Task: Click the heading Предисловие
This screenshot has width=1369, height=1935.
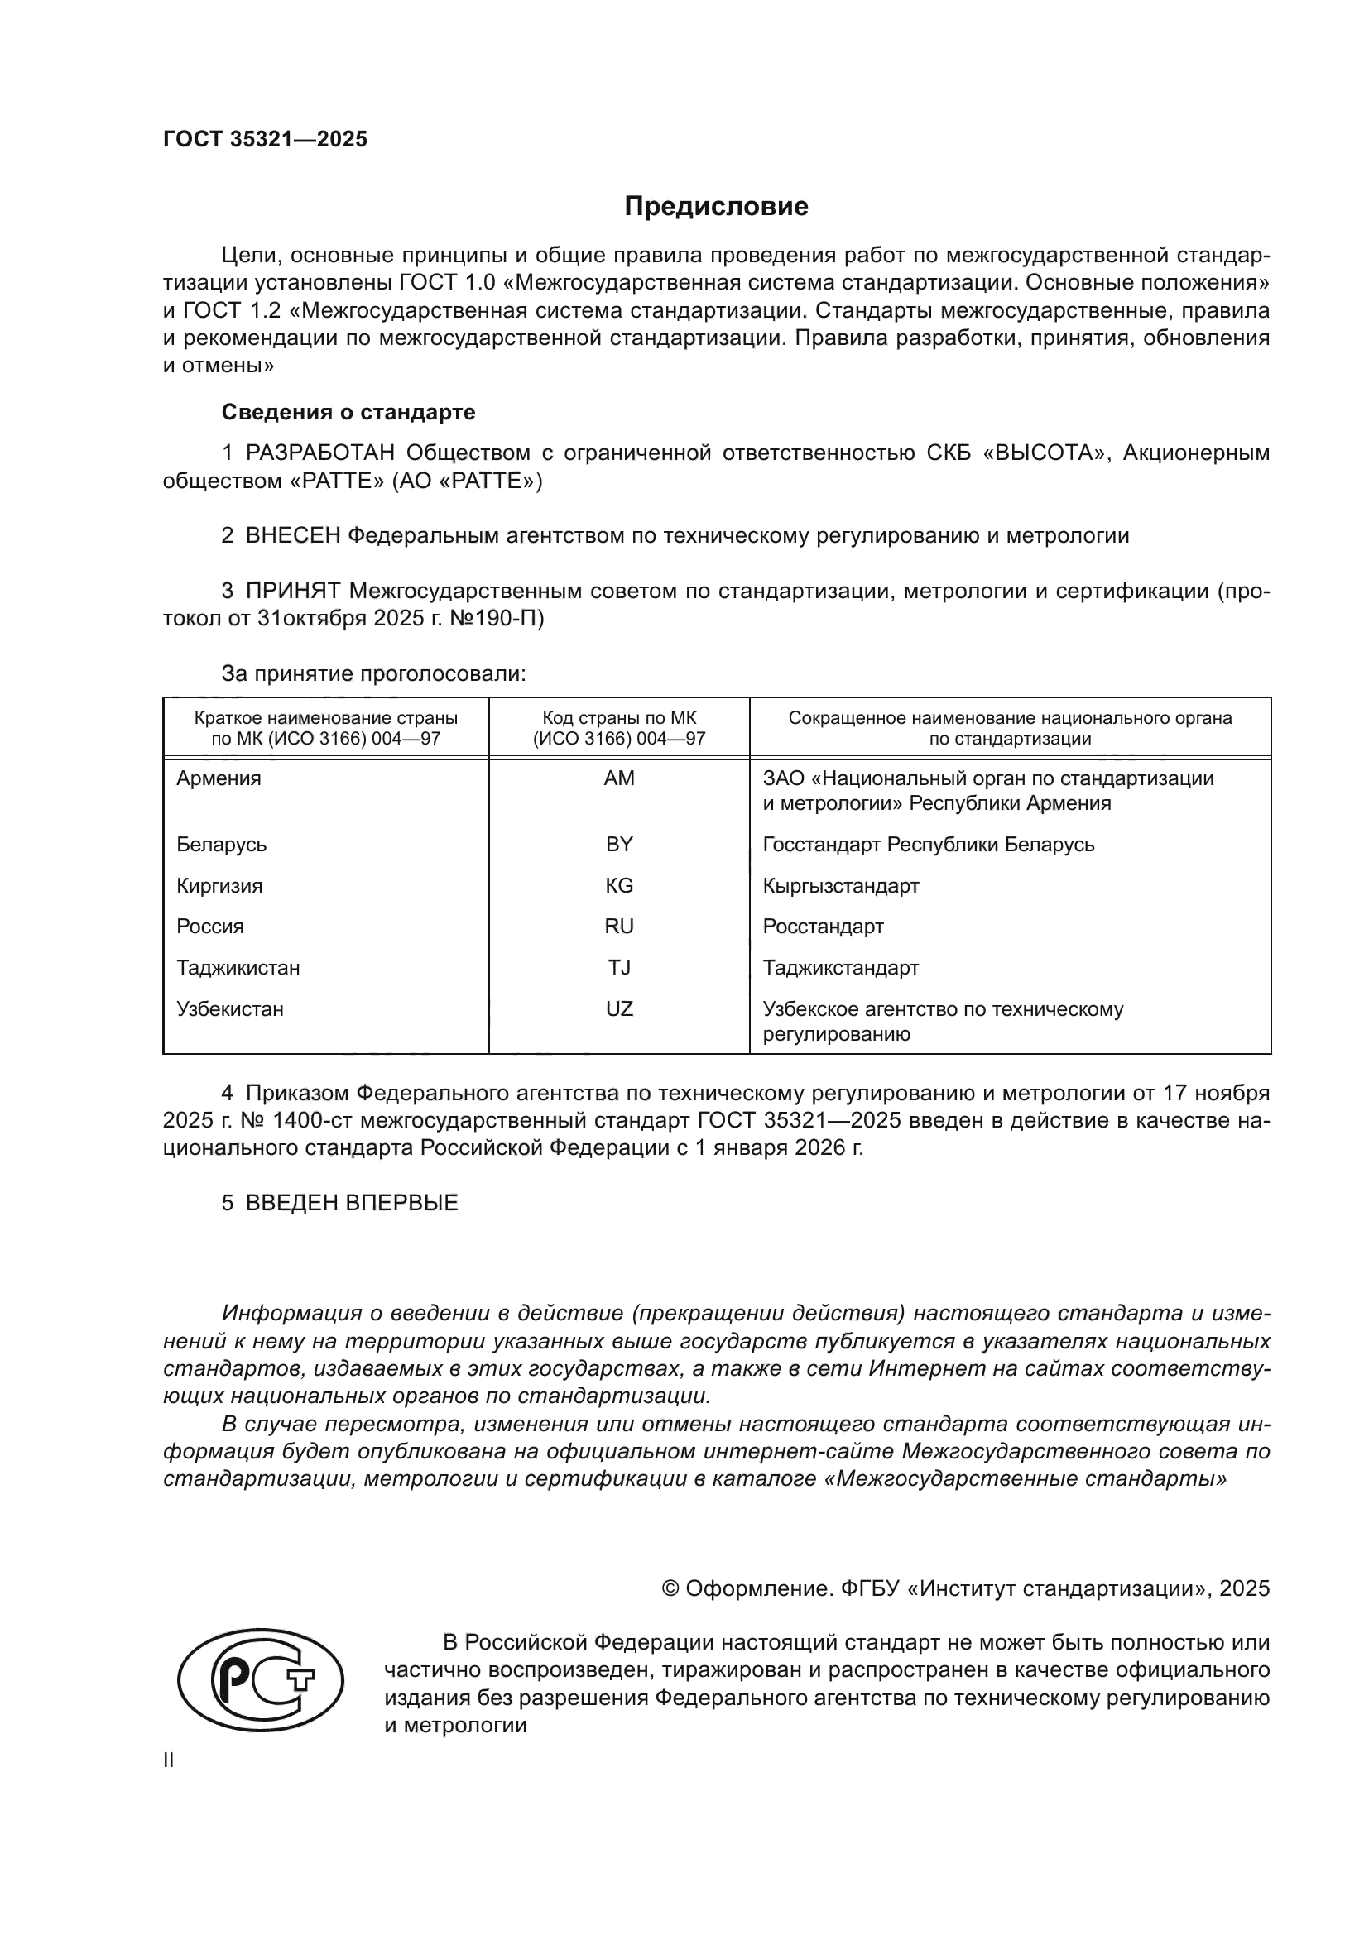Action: (716, 207)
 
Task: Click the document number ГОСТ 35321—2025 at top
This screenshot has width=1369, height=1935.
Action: (266, 139)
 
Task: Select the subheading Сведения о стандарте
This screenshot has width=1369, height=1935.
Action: (348, 412)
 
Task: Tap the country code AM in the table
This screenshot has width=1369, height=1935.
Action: (619, 778)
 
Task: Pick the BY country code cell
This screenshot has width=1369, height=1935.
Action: (619, 845)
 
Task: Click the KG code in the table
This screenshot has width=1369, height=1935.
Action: (619, 886)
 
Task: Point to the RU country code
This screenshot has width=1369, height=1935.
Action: (619, 927)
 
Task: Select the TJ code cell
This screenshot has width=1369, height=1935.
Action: (619, 968)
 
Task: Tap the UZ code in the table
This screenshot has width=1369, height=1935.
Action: (619, 1008)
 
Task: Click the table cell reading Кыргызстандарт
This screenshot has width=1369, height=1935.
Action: (840, 886)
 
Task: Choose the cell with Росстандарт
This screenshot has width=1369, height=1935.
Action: (823, 927)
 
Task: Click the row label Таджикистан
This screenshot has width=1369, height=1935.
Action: (238, 968)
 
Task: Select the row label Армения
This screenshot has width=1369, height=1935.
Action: (219, 778)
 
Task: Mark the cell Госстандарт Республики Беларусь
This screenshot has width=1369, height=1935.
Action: (928, 845)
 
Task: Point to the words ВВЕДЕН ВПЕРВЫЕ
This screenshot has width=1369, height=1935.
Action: (352, 1203)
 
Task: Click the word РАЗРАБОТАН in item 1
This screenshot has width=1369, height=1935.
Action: (319, 453)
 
